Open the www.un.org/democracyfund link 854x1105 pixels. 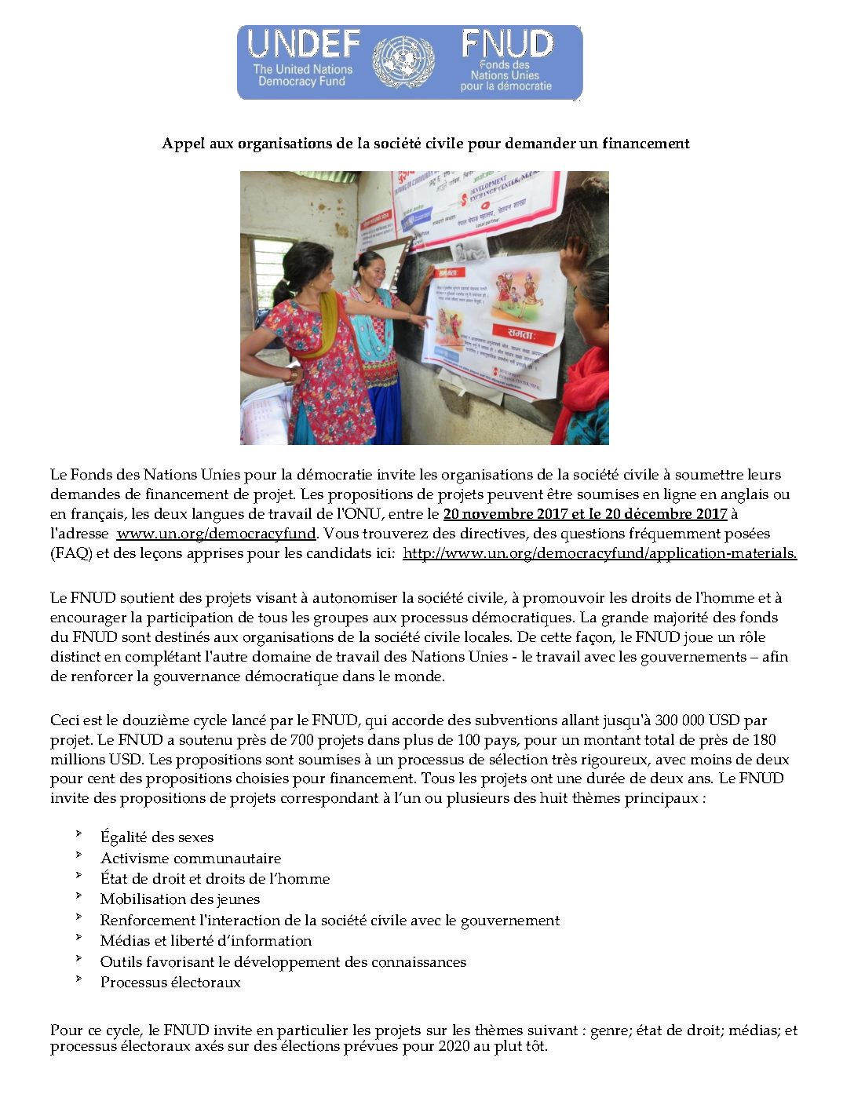point(217,534)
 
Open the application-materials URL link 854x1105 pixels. point(600,553)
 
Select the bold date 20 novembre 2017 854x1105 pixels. point(505,514)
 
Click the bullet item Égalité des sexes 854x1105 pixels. point(157,837)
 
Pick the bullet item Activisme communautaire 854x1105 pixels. point(191,859)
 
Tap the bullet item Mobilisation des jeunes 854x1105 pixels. point(180,899)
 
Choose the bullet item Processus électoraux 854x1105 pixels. point(170,983)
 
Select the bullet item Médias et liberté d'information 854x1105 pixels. point(206,941)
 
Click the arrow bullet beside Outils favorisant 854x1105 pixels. point(79,958)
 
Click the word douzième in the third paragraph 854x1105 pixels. point(152,720)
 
